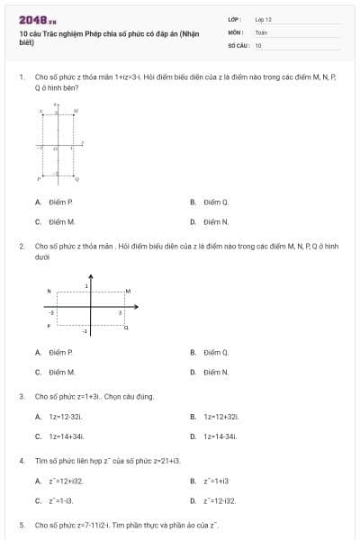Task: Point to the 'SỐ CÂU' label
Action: click(x=237, y=45)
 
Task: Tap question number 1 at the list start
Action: click(x=21, y=78)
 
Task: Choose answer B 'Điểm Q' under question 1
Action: click(x=216, y=202)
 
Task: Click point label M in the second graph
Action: click(x=128, y=291)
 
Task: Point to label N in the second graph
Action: click(x=49, y=291)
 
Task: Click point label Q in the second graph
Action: click(x=126, y=328)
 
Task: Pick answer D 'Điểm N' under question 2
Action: click(x=216, y=372)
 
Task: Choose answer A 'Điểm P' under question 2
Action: click(x=60, y=353)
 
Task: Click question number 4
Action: click(x=21, y=460)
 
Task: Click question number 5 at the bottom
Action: click(x=21, y=524)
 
